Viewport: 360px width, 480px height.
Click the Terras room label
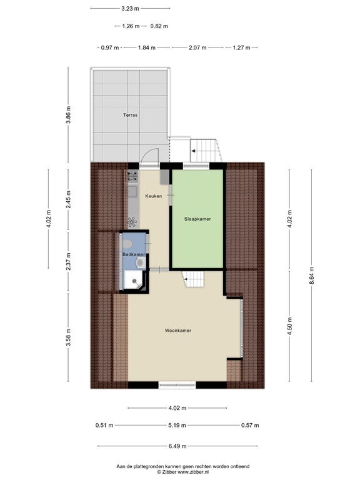[x=130, y=115]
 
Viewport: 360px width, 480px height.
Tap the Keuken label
[x=153, y=196]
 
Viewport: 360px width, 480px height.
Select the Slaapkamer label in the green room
[x=197, y=219]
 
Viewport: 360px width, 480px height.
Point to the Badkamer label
[x=134, y=254]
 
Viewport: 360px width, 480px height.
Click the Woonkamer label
[x=178, y=330]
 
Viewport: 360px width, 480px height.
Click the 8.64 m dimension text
[x=312, y=275]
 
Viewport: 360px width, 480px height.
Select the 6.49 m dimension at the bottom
[x=177, y=446]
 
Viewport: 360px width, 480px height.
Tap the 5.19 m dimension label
[x=177, y=425]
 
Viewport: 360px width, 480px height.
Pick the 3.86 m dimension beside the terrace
[x=68, y=115]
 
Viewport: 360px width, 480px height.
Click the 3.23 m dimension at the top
[x=130, y=9]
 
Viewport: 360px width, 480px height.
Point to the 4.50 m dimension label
[x=289, y=326]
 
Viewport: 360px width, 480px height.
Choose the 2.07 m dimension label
[x=197, y=47]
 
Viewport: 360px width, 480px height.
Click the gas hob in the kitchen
[x=133, y=176]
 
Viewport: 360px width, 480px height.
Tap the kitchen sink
[x=132, y=192]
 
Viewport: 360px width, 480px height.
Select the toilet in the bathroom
[x=141, y=262]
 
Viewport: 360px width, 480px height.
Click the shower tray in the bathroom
[x=134, y=280]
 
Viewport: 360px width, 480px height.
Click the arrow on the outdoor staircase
[x=193, y=151]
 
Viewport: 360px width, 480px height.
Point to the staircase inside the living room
[x=193, y=279]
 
